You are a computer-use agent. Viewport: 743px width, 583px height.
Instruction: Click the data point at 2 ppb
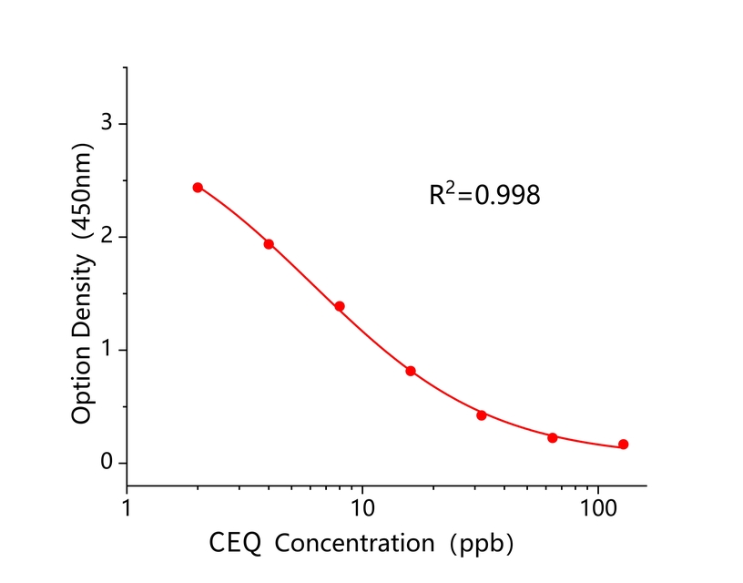[x=198, y=188]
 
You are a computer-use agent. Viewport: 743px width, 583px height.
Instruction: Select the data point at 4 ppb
[x=269, y=244]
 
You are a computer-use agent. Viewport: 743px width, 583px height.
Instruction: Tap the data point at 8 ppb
[x=340, y=306]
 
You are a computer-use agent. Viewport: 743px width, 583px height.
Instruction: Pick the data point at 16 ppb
[x=411, y=371]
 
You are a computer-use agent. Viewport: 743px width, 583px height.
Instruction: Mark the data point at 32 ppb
[x=482, y=415]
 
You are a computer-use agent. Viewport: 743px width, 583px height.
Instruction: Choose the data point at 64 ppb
[x=553, y=438]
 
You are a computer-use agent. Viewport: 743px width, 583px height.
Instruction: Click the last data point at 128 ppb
[x=624, y=445]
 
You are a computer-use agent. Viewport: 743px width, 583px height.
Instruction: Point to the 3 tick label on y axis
[x=107, y=123]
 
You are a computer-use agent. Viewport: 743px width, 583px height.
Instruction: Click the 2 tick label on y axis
[x=107, y=237]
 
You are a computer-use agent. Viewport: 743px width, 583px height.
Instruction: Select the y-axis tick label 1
[x=107, y=350]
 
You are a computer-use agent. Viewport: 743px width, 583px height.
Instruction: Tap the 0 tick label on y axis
[x=107, y=464]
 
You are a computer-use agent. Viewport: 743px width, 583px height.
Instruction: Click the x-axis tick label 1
[x=127, y=506]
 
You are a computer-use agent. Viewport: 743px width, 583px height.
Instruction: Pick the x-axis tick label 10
[x=362, y=506]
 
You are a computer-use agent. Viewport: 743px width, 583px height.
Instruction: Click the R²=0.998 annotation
[x=484, y=194]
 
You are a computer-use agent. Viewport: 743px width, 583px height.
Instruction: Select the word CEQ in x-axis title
[x=235, y=545]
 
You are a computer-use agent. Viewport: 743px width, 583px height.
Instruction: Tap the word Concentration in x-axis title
[x=355, y=545]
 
